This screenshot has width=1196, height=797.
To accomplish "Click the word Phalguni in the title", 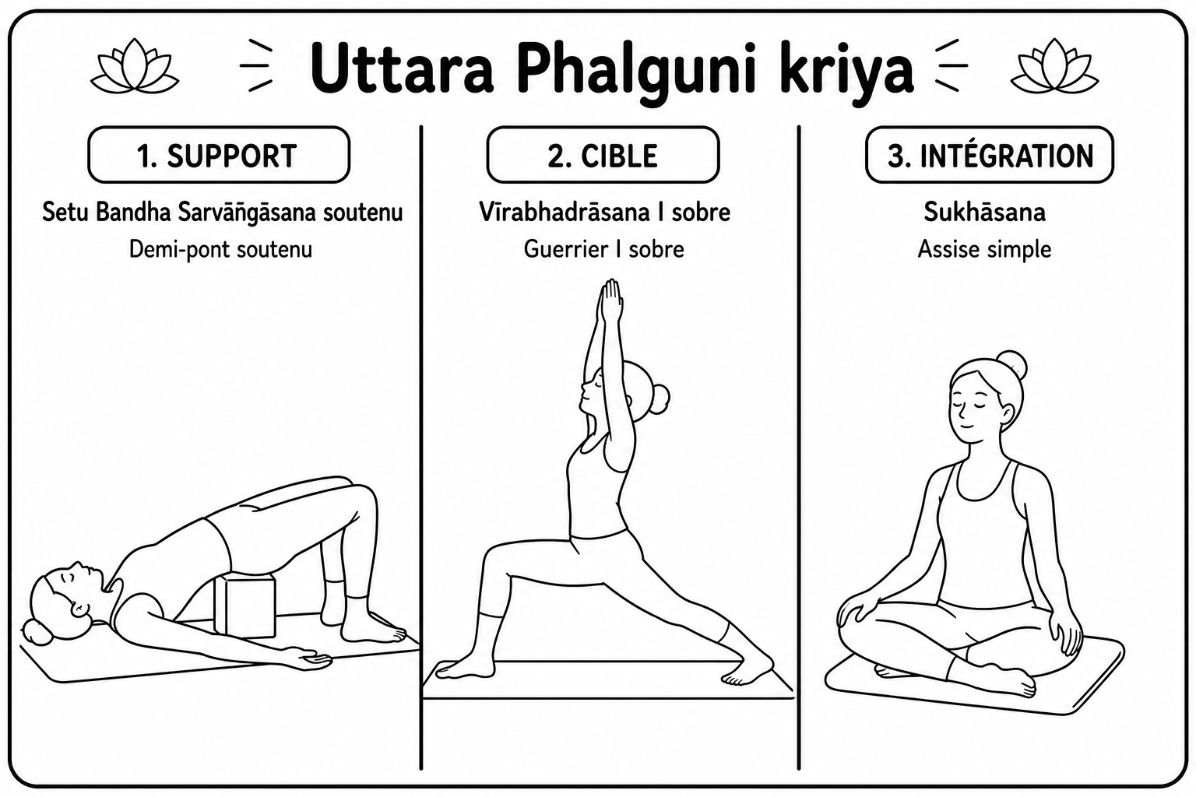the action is (636, 73).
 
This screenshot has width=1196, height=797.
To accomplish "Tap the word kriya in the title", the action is (847, 73).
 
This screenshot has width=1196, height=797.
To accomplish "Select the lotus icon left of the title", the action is (135, 66).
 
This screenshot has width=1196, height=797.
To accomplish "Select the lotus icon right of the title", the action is (1054, 66).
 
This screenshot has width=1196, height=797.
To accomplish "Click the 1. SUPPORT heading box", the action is (219, 155).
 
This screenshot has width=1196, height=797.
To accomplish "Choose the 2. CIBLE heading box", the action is (603, 155).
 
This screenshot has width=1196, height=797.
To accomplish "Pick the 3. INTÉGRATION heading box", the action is (990, 155).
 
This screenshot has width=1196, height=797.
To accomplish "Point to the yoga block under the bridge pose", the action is (245, 605).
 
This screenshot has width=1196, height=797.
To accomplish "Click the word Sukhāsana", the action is (984, 212).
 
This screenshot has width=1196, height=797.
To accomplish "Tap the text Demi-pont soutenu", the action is (220, 249).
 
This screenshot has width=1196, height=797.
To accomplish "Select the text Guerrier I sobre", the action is (604, 249).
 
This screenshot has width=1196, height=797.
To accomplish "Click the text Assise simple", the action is (984, 249).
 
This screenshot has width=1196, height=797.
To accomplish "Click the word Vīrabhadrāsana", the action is (564, 212).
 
